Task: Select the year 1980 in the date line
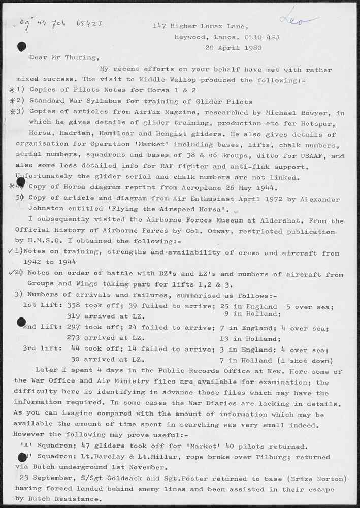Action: [x=252, y=48]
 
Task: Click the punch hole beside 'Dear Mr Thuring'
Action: [x=21, y=47]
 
